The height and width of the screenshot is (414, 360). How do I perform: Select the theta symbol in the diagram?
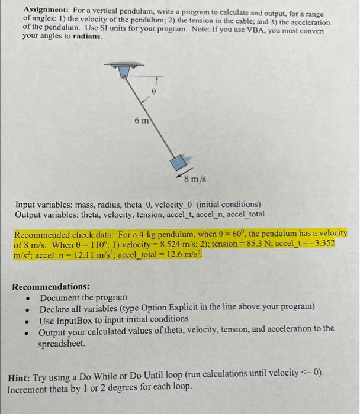153,92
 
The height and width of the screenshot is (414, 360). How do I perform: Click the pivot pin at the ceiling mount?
124,76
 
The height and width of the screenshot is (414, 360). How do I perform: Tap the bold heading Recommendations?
51,287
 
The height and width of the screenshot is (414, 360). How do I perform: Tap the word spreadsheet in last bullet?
63,343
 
